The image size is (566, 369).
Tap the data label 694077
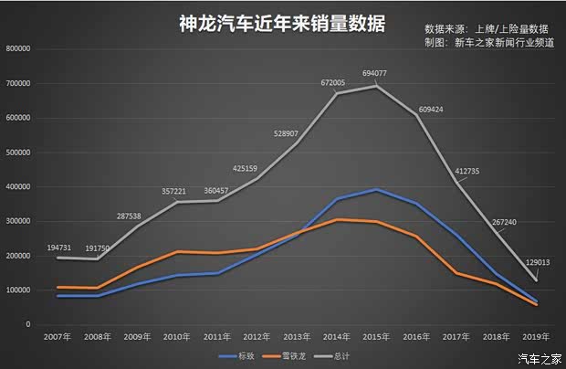pos(374,72)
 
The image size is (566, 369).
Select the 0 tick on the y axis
pos(27,324)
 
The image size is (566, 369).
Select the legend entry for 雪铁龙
pos(288,356)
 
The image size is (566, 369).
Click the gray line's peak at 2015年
pos(375,86)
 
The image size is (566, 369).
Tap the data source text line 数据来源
pos(486,29)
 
